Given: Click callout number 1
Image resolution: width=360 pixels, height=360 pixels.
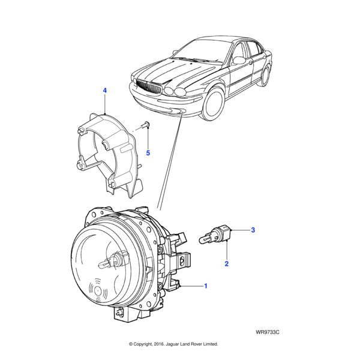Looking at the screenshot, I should (206, 286).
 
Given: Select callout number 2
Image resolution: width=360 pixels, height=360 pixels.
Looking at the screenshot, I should (226, 263).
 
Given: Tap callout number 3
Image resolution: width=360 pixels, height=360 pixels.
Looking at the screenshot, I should (253, 230).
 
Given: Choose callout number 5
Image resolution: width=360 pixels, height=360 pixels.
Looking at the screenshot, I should (148, 153).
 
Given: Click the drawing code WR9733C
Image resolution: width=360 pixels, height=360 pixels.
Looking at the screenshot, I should (267, 331).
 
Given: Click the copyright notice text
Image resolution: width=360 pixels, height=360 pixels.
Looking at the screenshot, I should (173, 344).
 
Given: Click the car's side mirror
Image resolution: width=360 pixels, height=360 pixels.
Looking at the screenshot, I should (238, 60).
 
